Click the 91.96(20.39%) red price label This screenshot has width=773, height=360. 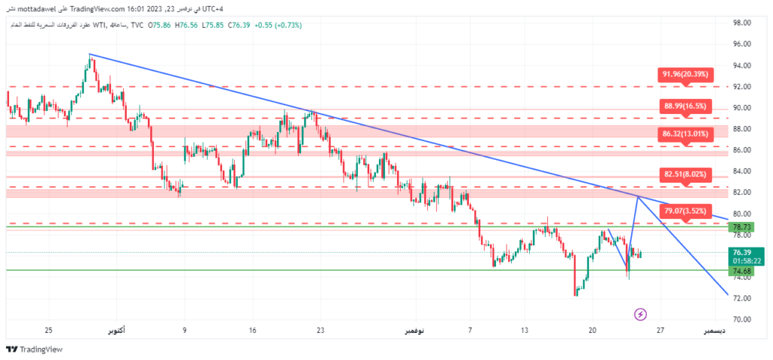point(685,74)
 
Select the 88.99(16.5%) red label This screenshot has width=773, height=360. point(685,106)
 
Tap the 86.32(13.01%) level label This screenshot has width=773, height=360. point(685,134)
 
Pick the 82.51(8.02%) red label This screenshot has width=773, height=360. point(685,174)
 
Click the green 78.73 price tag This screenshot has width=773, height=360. point(742,227)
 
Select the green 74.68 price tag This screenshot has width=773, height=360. point(742,270)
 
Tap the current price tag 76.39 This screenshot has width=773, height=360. point(743,252)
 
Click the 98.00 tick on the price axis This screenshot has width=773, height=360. point(742,23)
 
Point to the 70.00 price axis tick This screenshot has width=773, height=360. point(742,320)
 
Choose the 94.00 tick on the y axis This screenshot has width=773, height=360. point(742,66)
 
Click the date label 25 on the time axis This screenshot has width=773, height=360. point(48,331)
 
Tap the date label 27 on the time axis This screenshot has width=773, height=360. point(660,331)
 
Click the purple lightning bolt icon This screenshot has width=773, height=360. point(641,314)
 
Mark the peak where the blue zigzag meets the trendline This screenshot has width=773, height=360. point(639,196)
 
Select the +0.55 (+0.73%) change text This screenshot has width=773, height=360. point(280,26)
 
